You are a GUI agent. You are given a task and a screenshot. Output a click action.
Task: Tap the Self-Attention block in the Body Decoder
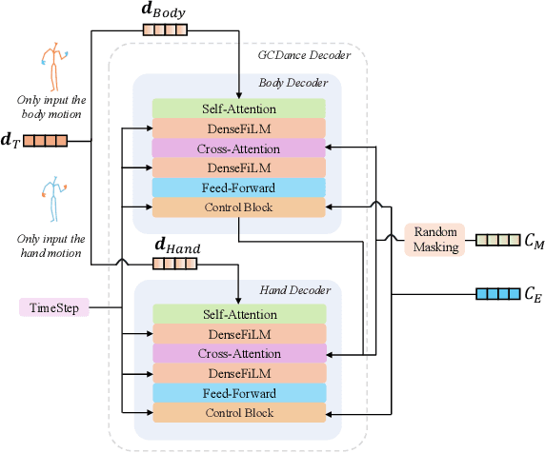(238, 108)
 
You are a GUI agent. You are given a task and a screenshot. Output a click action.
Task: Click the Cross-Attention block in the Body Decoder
(238, 148)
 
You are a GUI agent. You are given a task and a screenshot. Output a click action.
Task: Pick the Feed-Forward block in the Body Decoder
(238, 187)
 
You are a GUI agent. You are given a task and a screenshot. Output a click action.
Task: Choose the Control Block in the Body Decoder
(238, 207)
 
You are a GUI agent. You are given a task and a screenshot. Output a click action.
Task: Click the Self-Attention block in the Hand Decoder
(238, 313)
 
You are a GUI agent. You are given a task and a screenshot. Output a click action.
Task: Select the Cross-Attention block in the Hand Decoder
(238, 353)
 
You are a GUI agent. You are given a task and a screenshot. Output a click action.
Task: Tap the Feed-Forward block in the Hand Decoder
(238, 393)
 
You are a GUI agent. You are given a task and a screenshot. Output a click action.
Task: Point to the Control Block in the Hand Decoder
(238, 413)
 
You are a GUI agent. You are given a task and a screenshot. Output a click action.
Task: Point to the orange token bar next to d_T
(45, 142)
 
